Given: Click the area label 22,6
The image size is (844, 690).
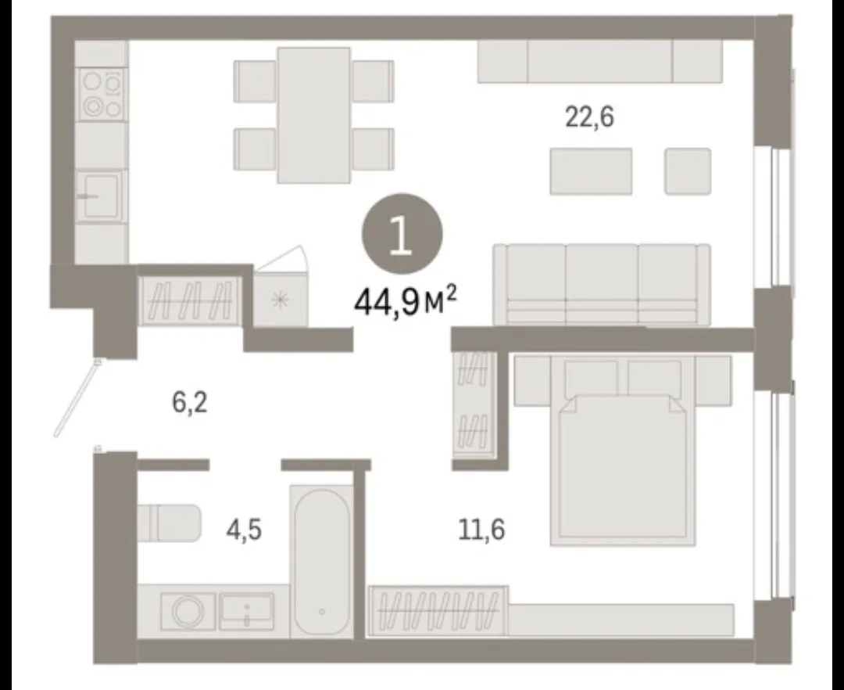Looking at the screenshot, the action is coord(589,117).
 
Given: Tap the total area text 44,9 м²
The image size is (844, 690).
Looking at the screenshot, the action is coord(406,304).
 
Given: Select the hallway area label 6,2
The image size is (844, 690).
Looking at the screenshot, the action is coord(189,403).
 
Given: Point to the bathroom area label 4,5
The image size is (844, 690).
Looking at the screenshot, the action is coord(244,530).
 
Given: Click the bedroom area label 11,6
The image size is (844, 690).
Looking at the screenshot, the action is coord(481,530).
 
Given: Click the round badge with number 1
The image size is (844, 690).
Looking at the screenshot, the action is coord(402,235).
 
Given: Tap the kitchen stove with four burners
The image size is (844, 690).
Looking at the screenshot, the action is coord(102,95).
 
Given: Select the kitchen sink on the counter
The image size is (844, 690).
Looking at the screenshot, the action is coord(101,195).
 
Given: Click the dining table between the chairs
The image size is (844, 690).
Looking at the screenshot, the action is coord(314,115).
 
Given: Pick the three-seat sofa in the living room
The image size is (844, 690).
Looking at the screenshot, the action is coord(602,285).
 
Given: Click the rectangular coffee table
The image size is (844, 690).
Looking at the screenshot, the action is coord(591,171).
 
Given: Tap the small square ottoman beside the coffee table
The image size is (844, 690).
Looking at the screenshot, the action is coord(688,171).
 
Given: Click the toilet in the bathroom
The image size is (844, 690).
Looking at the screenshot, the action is coord(169,523).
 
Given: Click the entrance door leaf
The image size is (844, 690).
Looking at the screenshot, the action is coord(77,399).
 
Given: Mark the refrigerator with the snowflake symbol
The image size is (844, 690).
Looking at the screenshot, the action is coord(281,300).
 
